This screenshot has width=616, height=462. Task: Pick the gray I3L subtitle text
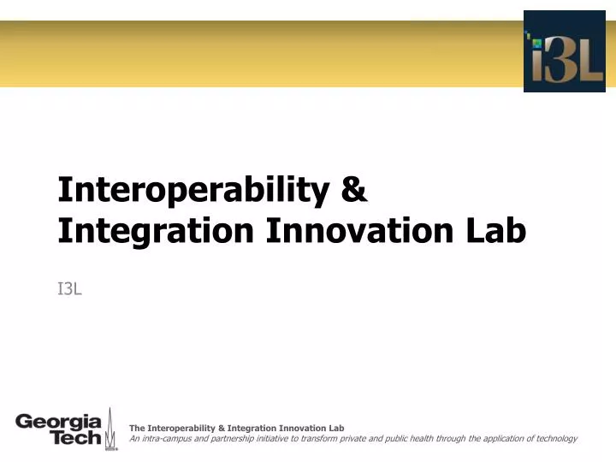(69, 289)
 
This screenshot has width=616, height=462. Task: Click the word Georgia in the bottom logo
(58, 422)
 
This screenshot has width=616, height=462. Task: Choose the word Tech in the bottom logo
(76, 438)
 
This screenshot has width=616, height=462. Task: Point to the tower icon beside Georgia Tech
(110, 431)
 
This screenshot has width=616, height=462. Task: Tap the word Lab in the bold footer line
(335, 428)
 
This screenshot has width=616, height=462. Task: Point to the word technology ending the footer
(555, 438)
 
